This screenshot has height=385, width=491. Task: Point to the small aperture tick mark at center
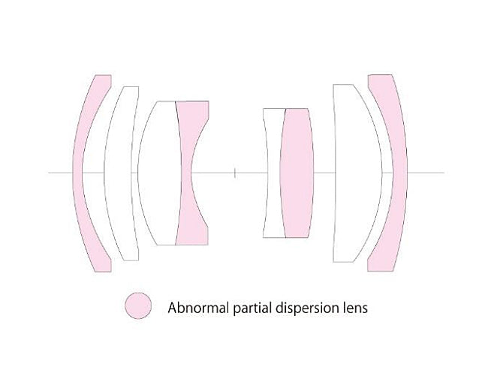(x=235, y=173)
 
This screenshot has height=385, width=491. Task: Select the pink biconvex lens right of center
(x=296, y=173)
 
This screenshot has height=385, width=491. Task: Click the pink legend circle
(x=137, y=306)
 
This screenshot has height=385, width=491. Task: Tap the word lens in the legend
(x=354, y=308)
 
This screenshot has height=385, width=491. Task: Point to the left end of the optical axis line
(x=49, y=173)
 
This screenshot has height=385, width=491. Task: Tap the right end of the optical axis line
(x=444, y=173)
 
